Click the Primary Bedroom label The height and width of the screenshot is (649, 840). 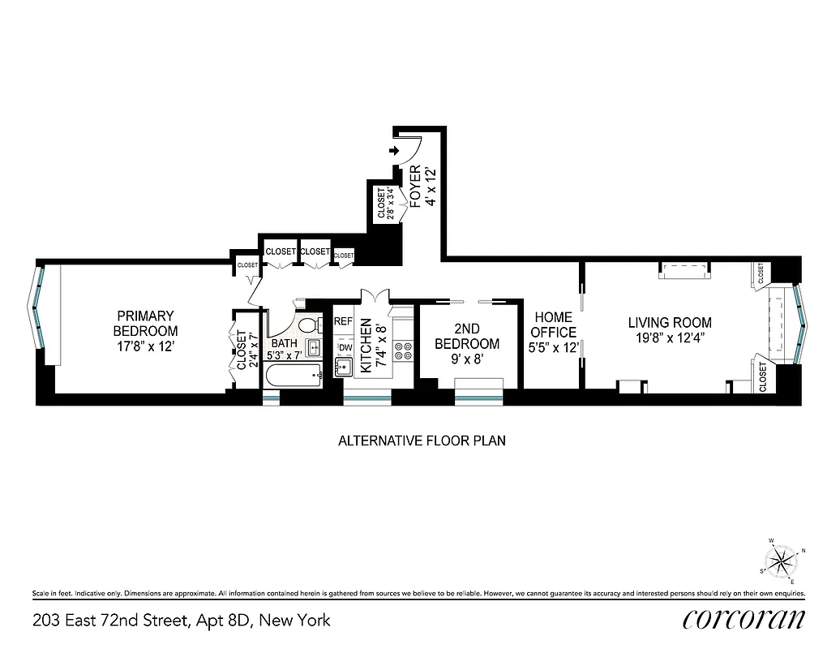point(145,323)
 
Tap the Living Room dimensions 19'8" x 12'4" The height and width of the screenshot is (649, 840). point(670,338)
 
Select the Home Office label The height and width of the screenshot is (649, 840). point(553,324)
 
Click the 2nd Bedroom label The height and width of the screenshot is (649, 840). point(466,337)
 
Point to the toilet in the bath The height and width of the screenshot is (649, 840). point(307,325)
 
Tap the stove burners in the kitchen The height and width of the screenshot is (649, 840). point(402,351)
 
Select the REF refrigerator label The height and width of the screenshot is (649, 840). point(344,322)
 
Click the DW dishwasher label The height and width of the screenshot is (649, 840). point(345,348)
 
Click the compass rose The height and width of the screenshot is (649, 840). point(781,559)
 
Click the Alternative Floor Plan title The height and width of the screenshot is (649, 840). point(421,441)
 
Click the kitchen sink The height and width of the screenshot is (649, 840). point(344,367)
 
